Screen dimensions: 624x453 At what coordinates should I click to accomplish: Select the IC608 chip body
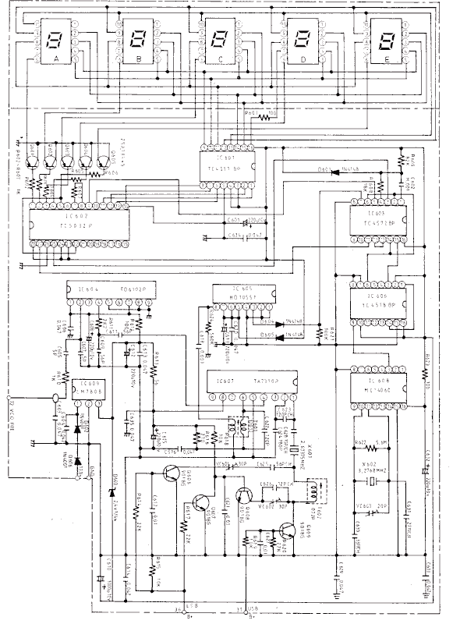tap(377, 385)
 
